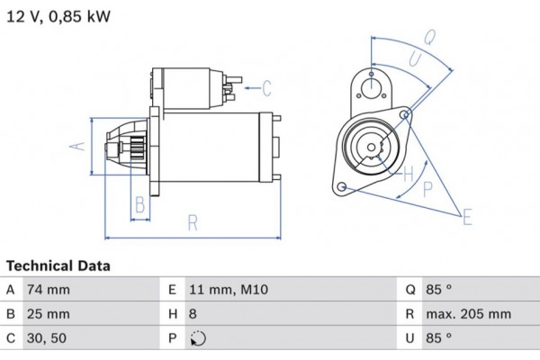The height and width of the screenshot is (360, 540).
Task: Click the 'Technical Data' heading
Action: tap(58, 266)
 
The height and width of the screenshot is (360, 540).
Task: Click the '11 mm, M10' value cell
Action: tap(229, 290)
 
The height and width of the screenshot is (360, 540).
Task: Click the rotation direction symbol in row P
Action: tap(199, 339)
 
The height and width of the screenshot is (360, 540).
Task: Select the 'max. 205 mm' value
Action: tap(469, 314)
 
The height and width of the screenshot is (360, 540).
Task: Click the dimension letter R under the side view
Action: tap(193, 222)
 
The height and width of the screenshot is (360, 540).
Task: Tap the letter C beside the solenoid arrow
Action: tap(267, 87)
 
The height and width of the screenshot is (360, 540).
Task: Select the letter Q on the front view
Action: tap(430, 37)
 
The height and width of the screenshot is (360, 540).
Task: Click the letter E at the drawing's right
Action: tap(466, 216)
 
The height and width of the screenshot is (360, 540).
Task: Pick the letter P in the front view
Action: tap(427, 188)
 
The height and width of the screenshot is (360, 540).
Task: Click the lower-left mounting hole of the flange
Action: tap(342, 187)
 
